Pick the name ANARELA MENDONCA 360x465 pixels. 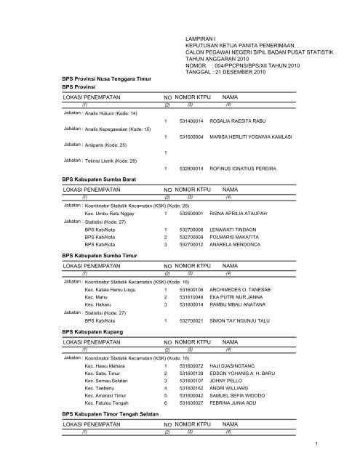[235, 245]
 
